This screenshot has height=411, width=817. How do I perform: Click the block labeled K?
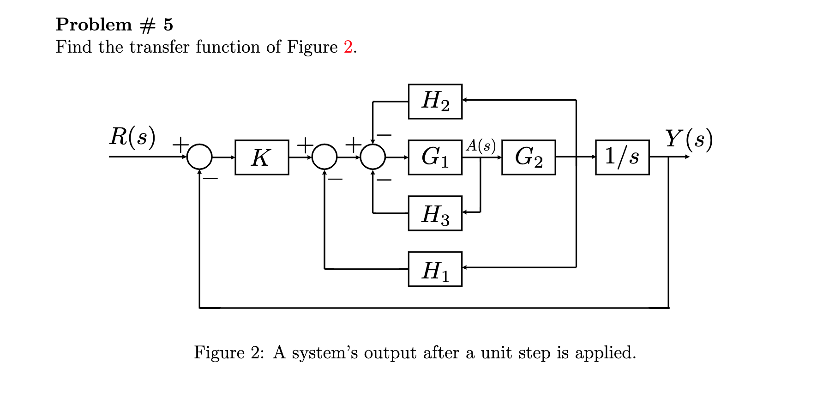(262, 157)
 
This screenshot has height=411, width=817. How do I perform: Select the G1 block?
(435, 157)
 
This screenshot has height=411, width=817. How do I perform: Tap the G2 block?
(529, 157)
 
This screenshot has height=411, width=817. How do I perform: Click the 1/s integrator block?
(622, 157)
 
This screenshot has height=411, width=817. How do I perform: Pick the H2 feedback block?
(435, 102)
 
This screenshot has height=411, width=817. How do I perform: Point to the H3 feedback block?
(435, 213)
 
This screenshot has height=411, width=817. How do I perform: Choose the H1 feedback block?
(435, 269)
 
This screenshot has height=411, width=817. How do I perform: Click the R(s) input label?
(132, 137)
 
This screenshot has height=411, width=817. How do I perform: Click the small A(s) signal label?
(481, 145)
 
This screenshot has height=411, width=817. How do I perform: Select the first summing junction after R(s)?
(199, 157)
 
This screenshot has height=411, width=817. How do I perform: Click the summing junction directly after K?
(324, 157)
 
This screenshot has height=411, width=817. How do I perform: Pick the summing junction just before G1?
(373, 157)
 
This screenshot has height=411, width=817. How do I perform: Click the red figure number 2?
(348, 47)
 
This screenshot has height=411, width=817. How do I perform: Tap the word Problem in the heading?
(94, 24)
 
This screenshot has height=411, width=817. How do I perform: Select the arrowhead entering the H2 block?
(465, 100)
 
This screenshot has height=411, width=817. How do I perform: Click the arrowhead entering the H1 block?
(465, 267)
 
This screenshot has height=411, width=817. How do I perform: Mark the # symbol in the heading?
(147, 25)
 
